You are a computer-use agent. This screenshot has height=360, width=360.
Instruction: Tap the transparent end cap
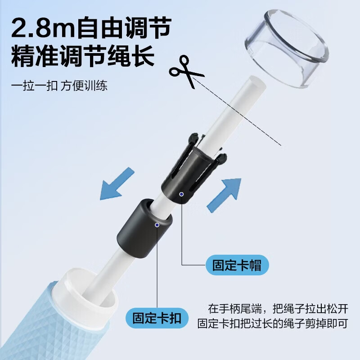coord(287,48)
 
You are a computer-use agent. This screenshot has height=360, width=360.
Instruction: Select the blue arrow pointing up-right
coord(224,195)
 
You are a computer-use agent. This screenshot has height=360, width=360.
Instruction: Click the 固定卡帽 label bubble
coord(237,265)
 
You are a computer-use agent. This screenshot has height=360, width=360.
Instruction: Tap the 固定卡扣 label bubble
coord(157,318)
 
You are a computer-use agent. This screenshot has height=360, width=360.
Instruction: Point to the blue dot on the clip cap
coord(181,194)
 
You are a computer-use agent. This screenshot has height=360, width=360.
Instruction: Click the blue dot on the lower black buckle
coord(157,225)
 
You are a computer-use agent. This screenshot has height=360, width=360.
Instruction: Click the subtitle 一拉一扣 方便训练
coord(59,85)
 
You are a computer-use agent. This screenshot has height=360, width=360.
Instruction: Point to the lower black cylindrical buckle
coord(144,229)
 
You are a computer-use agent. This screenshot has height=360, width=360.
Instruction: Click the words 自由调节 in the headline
coord(124,27)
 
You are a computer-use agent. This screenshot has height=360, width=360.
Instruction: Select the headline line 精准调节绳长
coord(83,56)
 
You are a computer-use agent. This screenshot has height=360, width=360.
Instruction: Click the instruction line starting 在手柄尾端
coord(278,309)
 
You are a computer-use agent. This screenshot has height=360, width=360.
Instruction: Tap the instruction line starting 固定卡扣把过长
coord(273,323)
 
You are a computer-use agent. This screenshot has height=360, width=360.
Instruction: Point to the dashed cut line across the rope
coord(237,111)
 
